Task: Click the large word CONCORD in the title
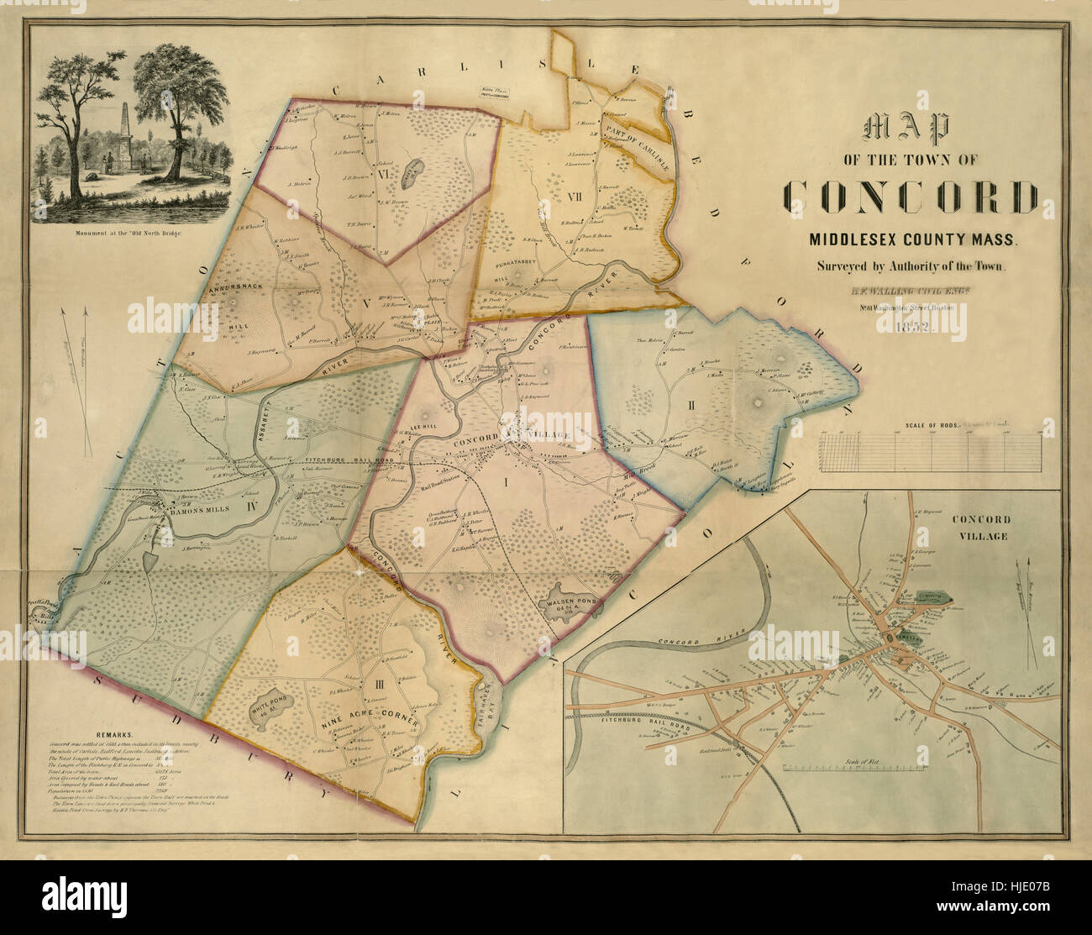pos(911,197)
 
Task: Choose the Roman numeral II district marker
pos(690,407)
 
